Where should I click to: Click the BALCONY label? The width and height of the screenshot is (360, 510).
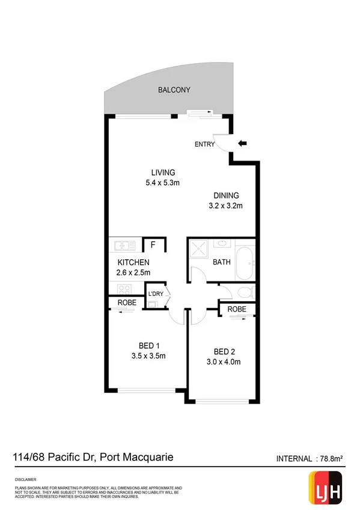(174, 90)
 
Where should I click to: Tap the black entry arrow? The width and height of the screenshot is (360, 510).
(242, 144)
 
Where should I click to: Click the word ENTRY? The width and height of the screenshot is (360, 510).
(204, 144)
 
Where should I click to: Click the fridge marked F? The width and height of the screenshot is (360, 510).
(153, 245)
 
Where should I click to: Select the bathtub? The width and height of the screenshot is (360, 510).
(245, 262)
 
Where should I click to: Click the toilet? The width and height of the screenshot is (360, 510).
(245, 292)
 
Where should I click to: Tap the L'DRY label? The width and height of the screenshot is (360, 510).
(156, 293)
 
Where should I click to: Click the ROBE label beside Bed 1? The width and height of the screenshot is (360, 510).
(126, 303)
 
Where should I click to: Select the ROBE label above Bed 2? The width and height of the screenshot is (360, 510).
(237, 309)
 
